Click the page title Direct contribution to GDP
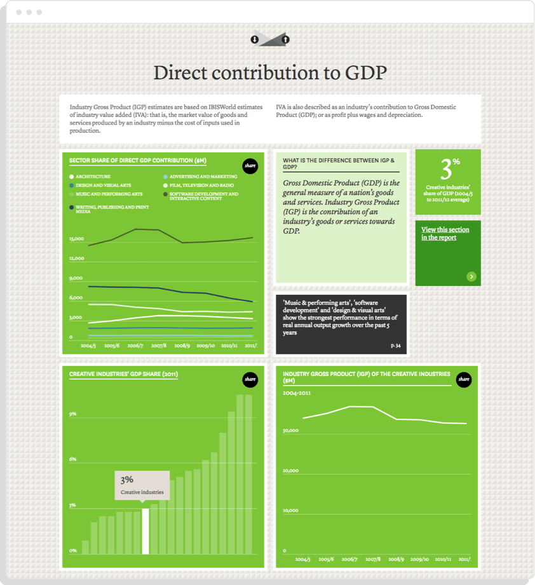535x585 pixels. pos(270,72)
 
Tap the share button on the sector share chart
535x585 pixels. pos(250,166)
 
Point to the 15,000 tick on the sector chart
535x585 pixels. pos(77,239)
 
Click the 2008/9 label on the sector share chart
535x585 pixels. pos(182,346)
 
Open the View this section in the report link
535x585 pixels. pos(445,233)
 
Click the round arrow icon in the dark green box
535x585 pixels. pos(471,276)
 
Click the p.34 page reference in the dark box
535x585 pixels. pos(396,346)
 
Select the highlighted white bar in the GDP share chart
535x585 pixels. pos(145,531)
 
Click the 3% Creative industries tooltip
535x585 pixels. pos(142,485)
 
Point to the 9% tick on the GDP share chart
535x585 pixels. pos(73,414)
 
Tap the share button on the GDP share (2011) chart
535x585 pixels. pos(250,379)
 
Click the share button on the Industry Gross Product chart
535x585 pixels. pos(464,379)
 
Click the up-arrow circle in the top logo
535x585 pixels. pos(285,39)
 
